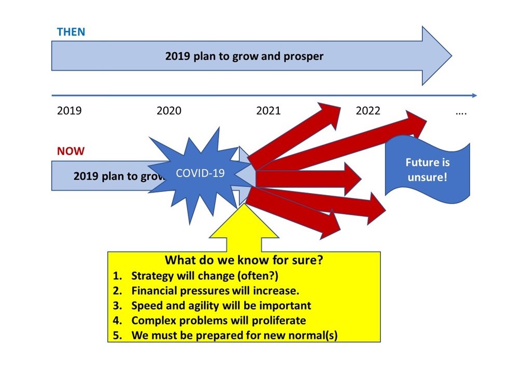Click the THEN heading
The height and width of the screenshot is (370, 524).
71,32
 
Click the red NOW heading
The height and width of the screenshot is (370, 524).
70,151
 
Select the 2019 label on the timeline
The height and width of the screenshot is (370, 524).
69,110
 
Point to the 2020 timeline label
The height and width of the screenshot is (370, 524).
169,110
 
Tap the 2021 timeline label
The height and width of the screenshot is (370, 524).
268,110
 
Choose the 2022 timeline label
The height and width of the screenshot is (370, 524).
368,110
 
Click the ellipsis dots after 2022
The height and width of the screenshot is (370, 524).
461,113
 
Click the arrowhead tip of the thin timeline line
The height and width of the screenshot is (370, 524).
477,95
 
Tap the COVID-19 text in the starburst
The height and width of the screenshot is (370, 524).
200,173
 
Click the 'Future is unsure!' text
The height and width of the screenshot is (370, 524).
428,170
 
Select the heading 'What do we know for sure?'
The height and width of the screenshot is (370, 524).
244,260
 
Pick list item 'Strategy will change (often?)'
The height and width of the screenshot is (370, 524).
205,276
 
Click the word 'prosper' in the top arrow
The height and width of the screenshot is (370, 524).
303,56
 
